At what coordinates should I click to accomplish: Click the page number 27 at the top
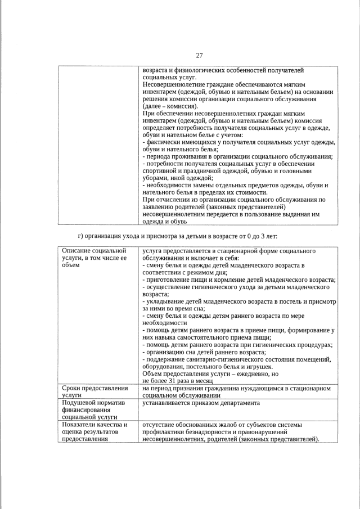point(199,55)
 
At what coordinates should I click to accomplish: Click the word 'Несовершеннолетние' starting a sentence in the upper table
point(177,84)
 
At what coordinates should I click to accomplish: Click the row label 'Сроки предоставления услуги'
point(94,391)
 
